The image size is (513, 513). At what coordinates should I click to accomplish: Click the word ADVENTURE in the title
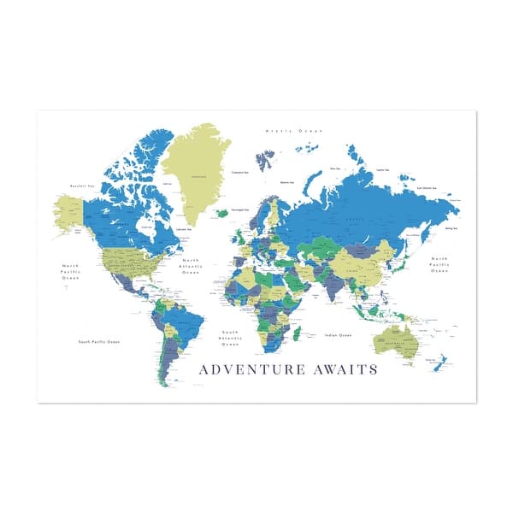tap(251, 370)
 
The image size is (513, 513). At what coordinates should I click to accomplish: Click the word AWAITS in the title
tap(341, 370)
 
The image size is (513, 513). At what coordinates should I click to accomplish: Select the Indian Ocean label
tap(339, 335)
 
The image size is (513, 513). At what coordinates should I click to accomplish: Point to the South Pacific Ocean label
tap(99, 342)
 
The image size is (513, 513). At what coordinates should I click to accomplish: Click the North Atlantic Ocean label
tap(189, 267)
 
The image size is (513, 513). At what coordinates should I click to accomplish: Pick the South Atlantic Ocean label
tap(230, 339)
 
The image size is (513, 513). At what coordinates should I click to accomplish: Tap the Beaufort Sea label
tap(81, 184)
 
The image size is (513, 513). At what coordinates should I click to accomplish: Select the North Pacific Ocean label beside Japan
tap(439, 264)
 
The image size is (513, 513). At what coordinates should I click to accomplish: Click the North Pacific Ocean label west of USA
tap(69, 271)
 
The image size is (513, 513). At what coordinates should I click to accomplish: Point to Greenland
tap(199, 171)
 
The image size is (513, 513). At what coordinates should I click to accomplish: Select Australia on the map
tap(395, 340)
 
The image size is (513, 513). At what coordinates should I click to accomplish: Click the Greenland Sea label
tap(240, 172)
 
